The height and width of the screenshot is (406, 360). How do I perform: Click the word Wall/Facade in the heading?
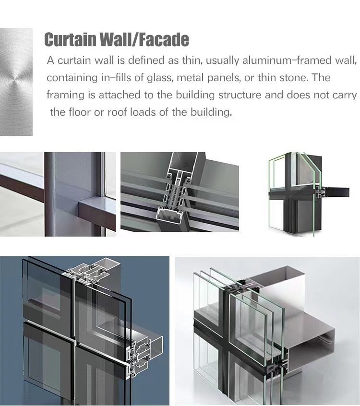tap(144, 39)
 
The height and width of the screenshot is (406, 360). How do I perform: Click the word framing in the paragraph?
tap(66, 95)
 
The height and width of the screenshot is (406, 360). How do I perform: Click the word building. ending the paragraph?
tap(211, 112)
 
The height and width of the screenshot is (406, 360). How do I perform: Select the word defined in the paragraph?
tap(146, 60)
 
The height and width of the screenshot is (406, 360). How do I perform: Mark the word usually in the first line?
tap(222, 60)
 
